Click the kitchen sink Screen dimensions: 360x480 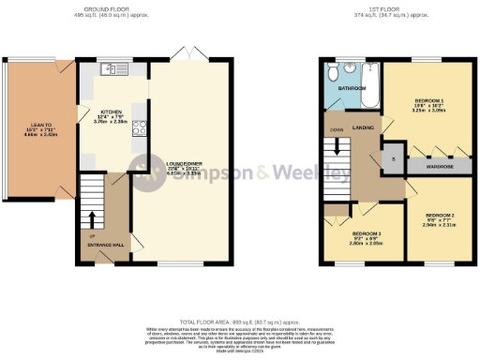(x=112, y=68)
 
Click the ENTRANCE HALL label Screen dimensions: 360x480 (x=105, y=245)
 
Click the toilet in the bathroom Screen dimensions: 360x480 (x=333, y=70)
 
